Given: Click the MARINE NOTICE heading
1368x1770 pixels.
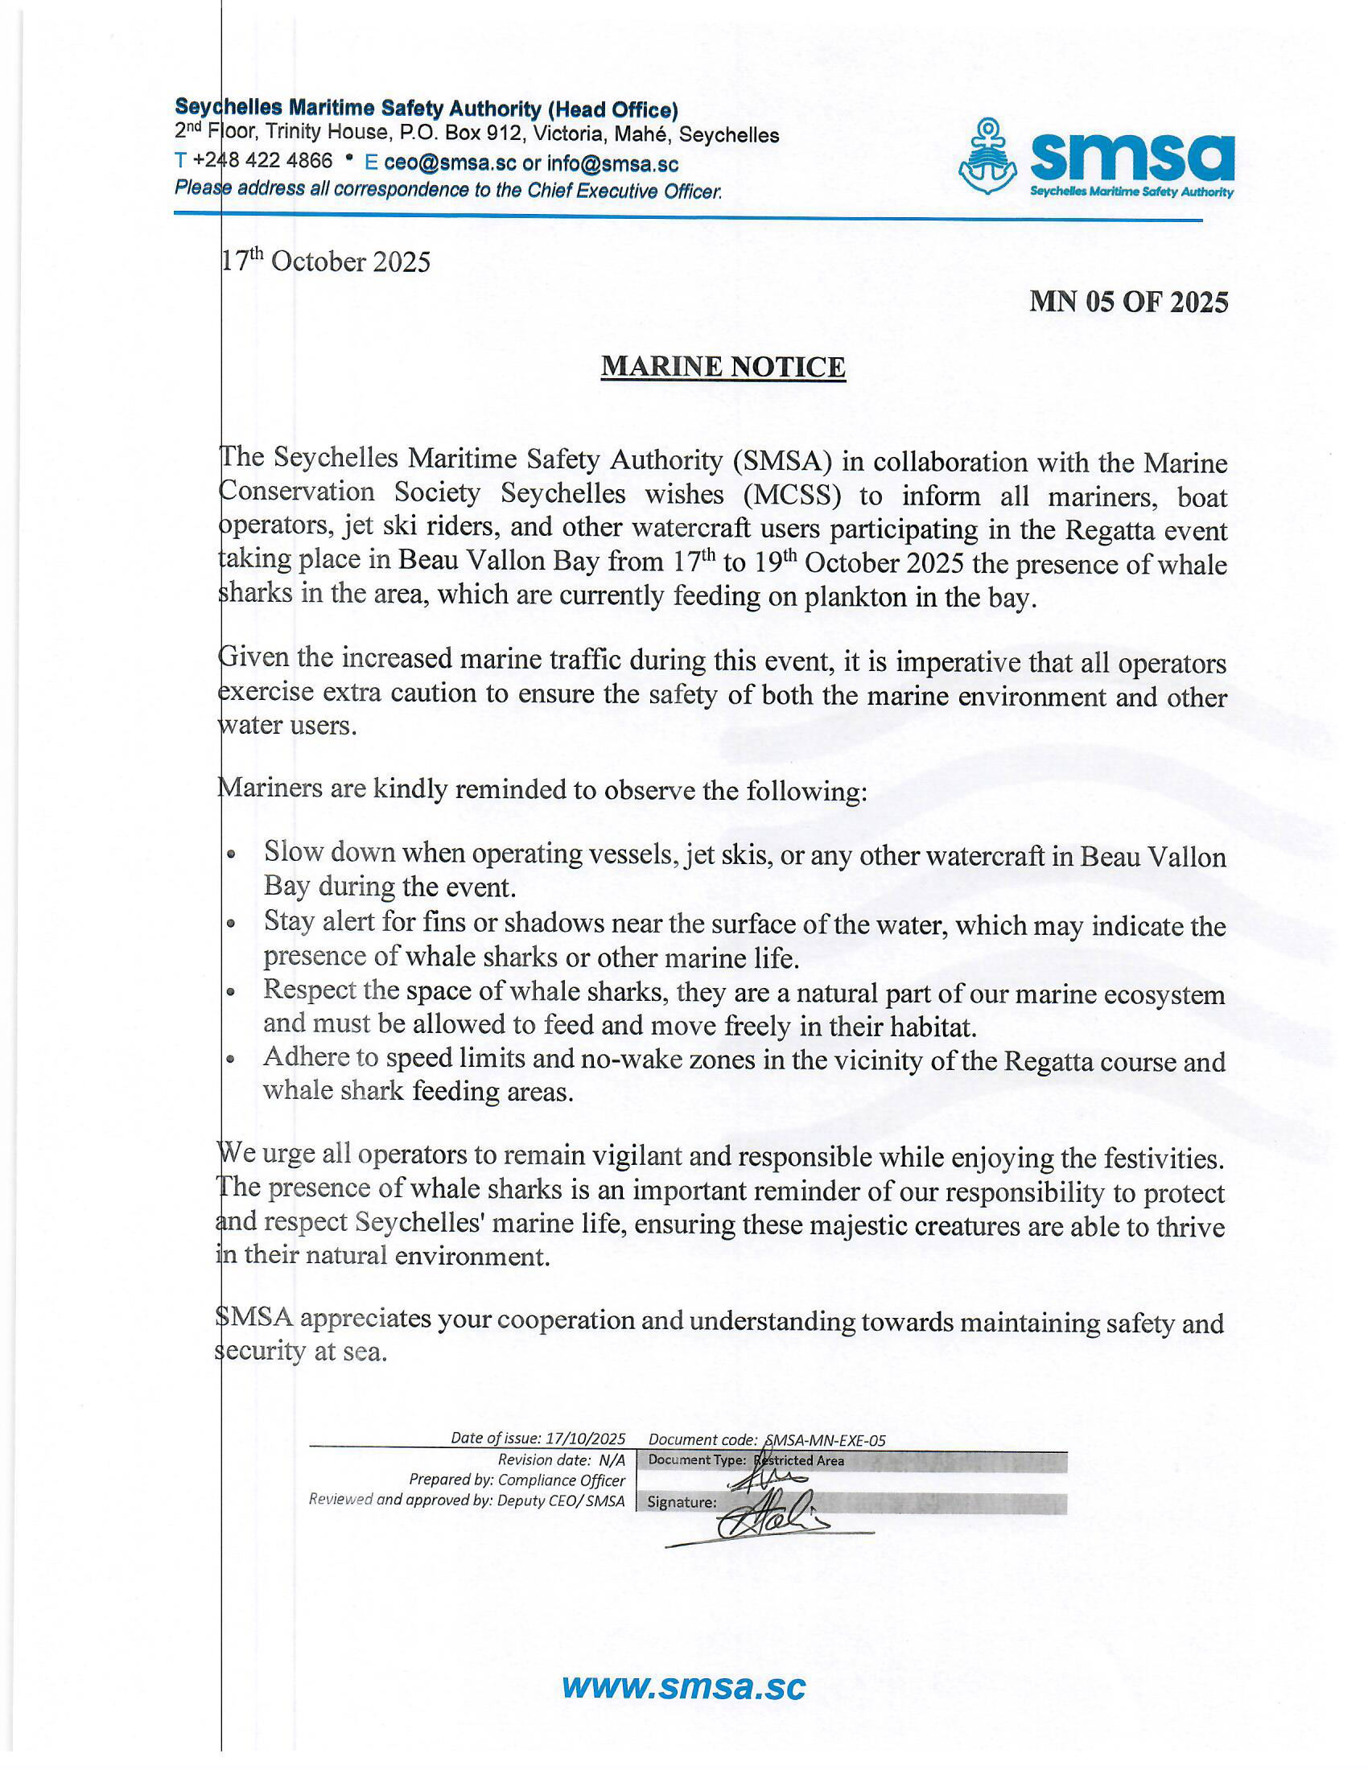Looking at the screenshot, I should click(x=723, y=367).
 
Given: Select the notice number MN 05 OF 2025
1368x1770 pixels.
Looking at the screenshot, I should click(x=1128, y=303).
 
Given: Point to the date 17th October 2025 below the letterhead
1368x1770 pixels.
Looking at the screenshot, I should click(x=326, y=261).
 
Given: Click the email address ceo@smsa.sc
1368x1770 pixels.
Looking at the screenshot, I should click(x=450, y=163).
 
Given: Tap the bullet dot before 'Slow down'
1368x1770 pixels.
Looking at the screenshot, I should click(x=232, y=855).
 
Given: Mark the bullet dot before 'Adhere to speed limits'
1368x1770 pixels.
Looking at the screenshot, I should click(x=232, y=1060).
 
